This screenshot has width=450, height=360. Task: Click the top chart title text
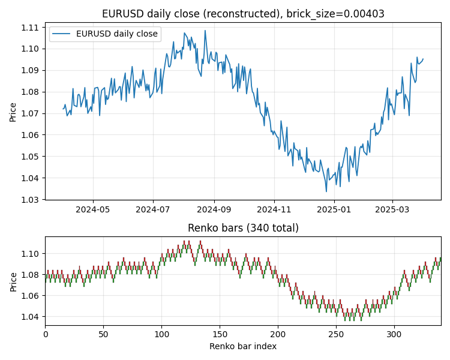click(243, 14)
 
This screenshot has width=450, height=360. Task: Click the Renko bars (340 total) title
click(243, 228)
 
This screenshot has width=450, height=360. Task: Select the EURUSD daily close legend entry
click(116, 34)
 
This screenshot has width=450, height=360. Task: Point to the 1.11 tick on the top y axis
click(30, 28)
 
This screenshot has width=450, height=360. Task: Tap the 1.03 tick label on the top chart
click(30, 200)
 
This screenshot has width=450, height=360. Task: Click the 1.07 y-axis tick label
click(30, 113)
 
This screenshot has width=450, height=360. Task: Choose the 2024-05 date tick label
click(92, 210)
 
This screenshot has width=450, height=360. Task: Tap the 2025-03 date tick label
click(392, 210)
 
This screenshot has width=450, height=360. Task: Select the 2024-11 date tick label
click(274, 210)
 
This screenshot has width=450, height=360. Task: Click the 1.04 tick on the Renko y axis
click(30, 317)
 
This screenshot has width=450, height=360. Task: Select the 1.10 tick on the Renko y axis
click(30, 254)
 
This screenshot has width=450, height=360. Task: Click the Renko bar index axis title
click(243, 347)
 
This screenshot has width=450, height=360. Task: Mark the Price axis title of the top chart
click(13, 112)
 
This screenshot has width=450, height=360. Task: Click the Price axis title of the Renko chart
click(13, 281)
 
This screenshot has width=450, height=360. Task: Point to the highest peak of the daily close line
click(205, 31)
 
